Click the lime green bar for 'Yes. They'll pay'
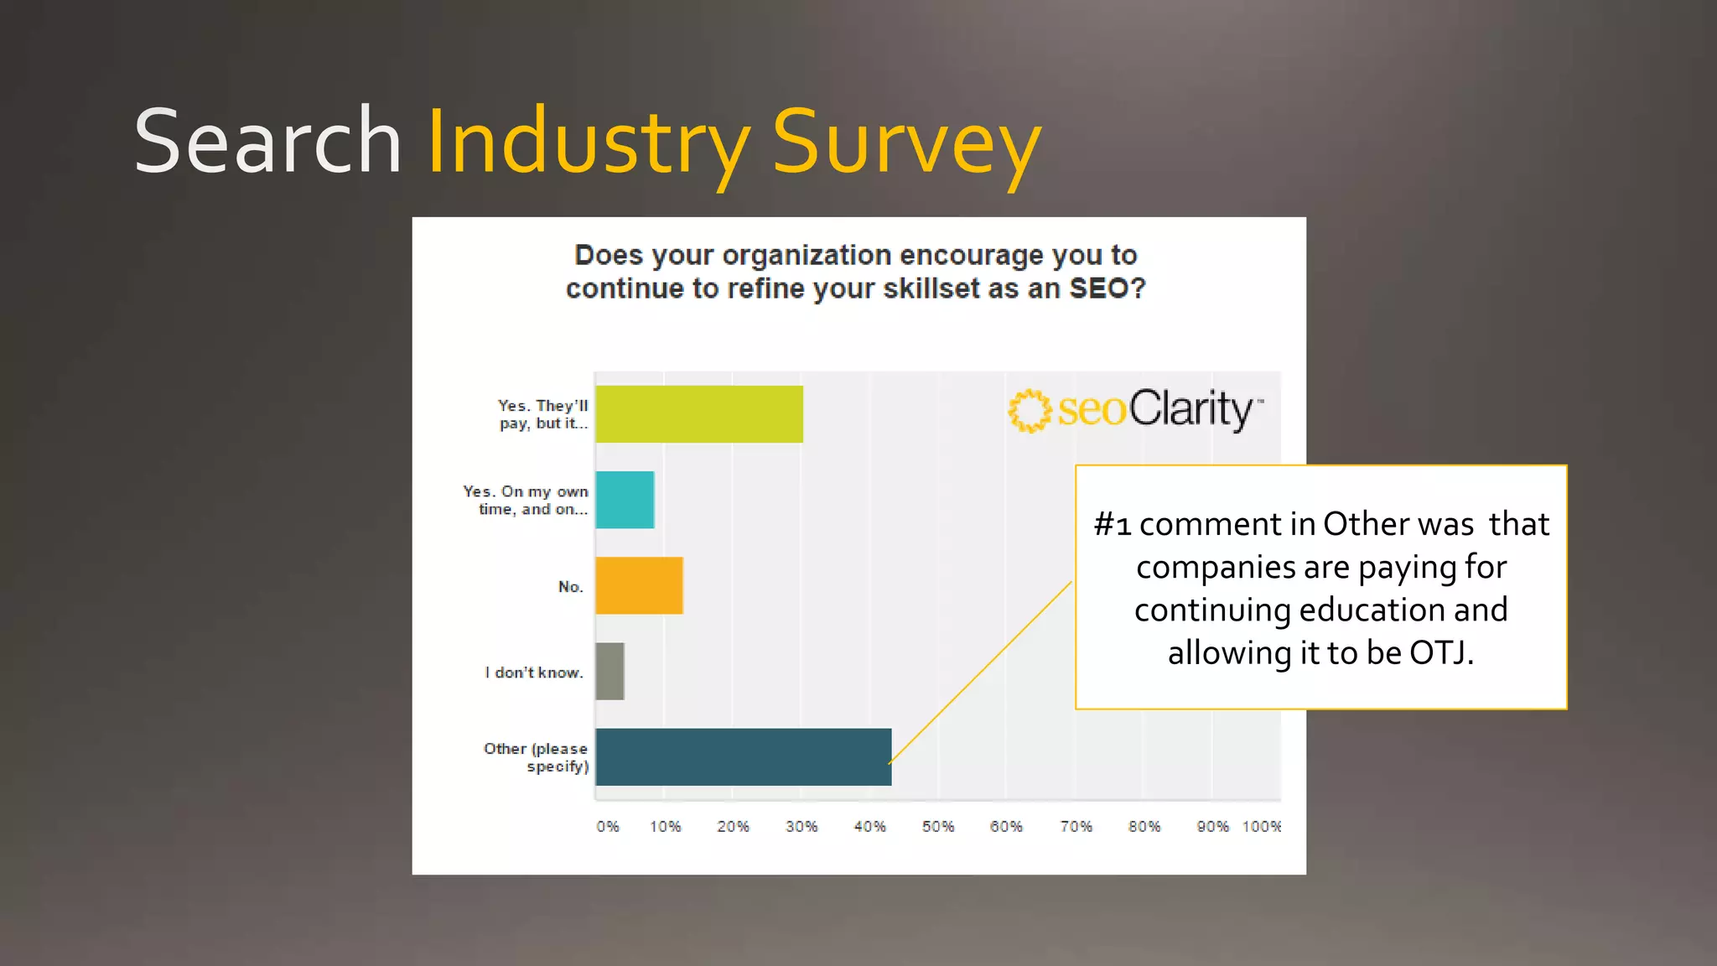point(698,414)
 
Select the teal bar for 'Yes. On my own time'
point(625,500)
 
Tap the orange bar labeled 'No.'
point(639,585)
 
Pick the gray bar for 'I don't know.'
point(610,671)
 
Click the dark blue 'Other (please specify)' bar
point(743,756)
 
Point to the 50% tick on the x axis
point(938,827)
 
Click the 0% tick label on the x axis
point(608,827)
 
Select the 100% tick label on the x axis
point(1261,827)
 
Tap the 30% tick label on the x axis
point(801,827)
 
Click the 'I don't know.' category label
point(534,673)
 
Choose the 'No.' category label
point(570,587)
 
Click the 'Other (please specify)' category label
point(537,757)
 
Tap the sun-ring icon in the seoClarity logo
point(1029,411)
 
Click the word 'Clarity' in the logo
point(1190,409)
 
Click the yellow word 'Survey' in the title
point(905,143)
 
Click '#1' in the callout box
point(1113,525)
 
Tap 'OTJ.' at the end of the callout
point(1441,652)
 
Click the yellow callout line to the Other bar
point(981,671)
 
